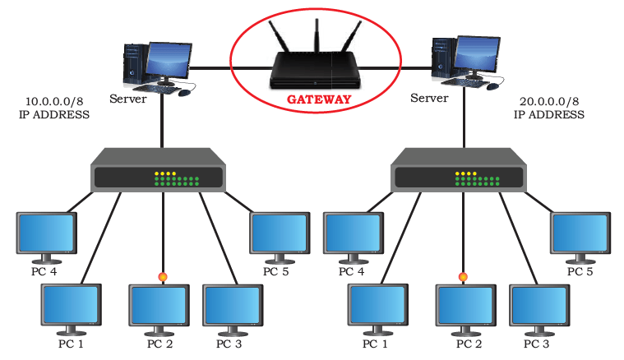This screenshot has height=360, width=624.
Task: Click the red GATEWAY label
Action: [319, 99]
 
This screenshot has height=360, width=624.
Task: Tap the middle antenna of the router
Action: [317, 35]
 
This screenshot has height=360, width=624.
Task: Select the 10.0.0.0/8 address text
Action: [54, 101]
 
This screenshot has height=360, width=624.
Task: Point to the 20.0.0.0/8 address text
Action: [549, 101]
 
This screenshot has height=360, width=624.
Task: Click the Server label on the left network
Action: [128, 99]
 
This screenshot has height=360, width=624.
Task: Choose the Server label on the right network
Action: [429, 98]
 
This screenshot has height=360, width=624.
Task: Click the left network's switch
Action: [159, 170]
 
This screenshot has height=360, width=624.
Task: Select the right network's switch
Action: [459, 170]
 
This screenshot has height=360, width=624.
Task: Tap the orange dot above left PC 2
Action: [162, 276]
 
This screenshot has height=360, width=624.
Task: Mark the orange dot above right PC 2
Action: [463, 276]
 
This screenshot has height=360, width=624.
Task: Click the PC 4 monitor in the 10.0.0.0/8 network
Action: [47, 238]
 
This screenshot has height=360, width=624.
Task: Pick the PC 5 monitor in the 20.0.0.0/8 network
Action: [580, 238]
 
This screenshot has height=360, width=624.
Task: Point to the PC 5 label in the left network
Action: [275, 272]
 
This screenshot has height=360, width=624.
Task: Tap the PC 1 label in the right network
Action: [375, 344]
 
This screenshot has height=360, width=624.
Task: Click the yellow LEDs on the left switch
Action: [165, 173]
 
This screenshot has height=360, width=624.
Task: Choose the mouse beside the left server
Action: [184, 93]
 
